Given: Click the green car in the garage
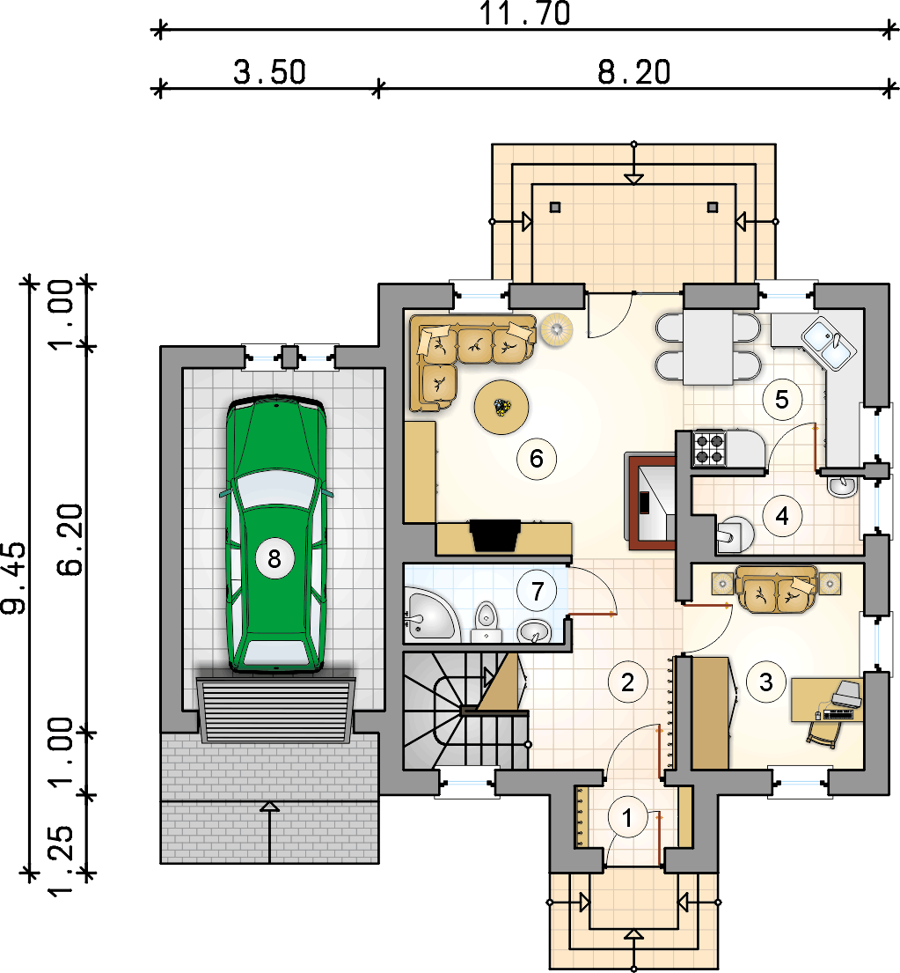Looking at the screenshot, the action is pyautogui.click(x=275, y=534).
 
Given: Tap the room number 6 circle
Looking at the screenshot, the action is pyautogui.click(x=537, y=459).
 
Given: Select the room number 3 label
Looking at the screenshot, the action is pyautogui.click(x=766, y=682).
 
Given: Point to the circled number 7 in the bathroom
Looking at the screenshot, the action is pyautogui.click(x=538, y=592).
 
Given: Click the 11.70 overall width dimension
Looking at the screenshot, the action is pyautogui.click(x=525, y=14).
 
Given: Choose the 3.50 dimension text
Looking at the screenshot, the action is pyautogui.click(x=269, y=72).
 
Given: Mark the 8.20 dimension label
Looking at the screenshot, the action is pyautogui.click(x=634, y=72).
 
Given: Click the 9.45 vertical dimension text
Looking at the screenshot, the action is pyautogui.click(x=14, y=578).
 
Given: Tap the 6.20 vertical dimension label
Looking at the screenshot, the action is pyautogui.click(x=70, y=540).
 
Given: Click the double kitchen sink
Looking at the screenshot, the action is pyautogui.click(x=828, y=343).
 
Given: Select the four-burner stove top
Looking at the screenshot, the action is pyautogui.click(x=709, y=448).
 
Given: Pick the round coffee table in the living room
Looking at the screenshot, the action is pyautogui.click(x=501, y=407).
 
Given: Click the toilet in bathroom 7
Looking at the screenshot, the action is pyautogui.click(x=487, y=622).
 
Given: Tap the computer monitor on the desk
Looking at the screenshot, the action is pyautogui.click(x=846, y=693).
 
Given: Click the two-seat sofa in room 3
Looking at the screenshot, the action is pyautogui.click(x=775, y=588).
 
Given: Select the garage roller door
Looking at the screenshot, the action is pyautogui.click(x=276, y=710).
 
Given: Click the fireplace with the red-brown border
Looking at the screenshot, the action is pyautogui.click(x=651, y=501).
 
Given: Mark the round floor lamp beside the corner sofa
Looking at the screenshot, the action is pyautogui.click(x=556, y=328).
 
